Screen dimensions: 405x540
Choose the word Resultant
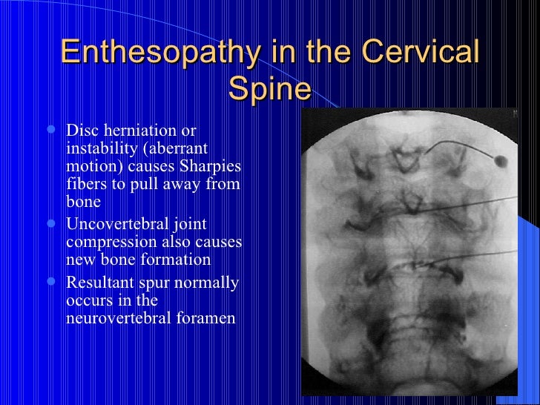point(98,283)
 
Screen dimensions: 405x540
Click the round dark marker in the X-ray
point(501,159)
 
